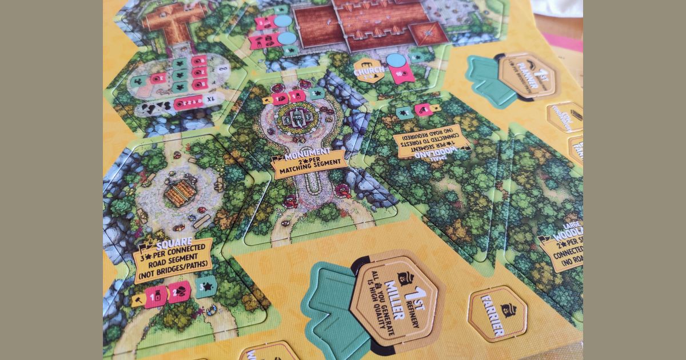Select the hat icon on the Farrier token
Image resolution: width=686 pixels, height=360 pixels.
[508, 310]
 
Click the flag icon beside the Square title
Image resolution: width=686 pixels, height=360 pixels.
[144, 248]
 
